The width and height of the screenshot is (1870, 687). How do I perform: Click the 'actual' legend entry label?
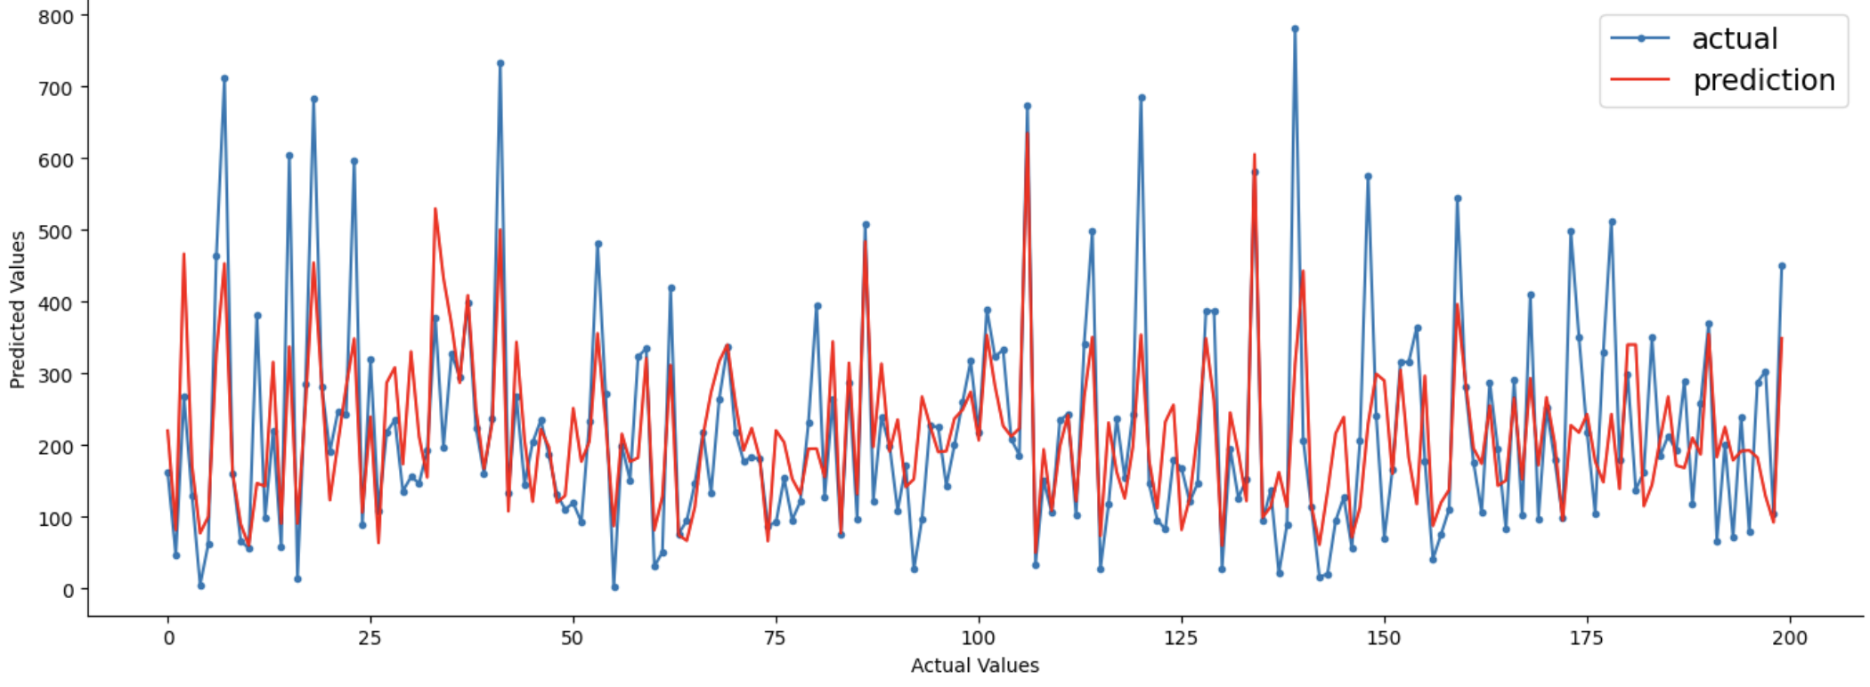coord(1734,39)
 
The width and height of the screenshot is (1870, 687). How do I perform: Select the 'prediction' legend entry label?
coord(1763,81)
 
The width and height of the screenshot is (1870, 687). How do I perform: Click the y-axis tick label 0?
coord(69,590)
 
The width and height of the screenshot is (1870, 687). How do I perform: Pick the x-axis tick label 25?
coord(370,638)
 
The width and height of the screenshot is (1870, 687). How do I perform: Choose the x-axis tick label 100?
coord(979,638)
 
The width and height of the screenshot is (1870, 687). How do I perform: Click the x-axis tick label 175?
coord(1587,638)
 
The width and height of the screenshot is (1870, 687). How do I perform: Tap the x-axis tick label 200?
coord(1790,638)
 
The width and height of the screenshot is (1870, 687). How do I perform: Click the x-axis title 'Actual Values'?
coord(974,666)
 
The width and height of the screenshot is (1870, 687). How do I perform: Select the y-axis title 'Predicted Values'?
coord(18,310)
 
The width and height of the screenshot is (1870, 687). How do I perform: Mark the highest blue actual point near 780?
coord(1295,28)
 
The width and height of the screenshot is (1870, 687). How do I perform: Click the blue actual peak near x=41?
coord(500,63)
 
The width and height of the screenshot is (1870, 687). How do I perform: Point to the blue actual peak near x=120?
coord(1142,98)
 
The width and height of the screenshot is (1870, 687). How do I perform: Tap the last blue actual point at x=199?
coord(1782,266)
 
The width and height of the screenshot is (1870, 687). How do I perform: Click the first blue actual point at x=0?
coord(167,473)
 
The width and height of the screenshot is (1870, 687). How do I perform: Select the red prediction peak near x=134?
coord(1254,155)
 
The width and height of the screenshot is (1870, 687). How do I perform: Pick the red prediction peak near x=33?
coord(435,209)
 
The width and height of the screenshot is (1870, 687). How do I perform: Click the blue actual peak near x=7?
coord(224,78)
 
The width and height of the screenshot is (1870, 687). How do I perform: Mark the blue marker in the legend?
coord(1640,38)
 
